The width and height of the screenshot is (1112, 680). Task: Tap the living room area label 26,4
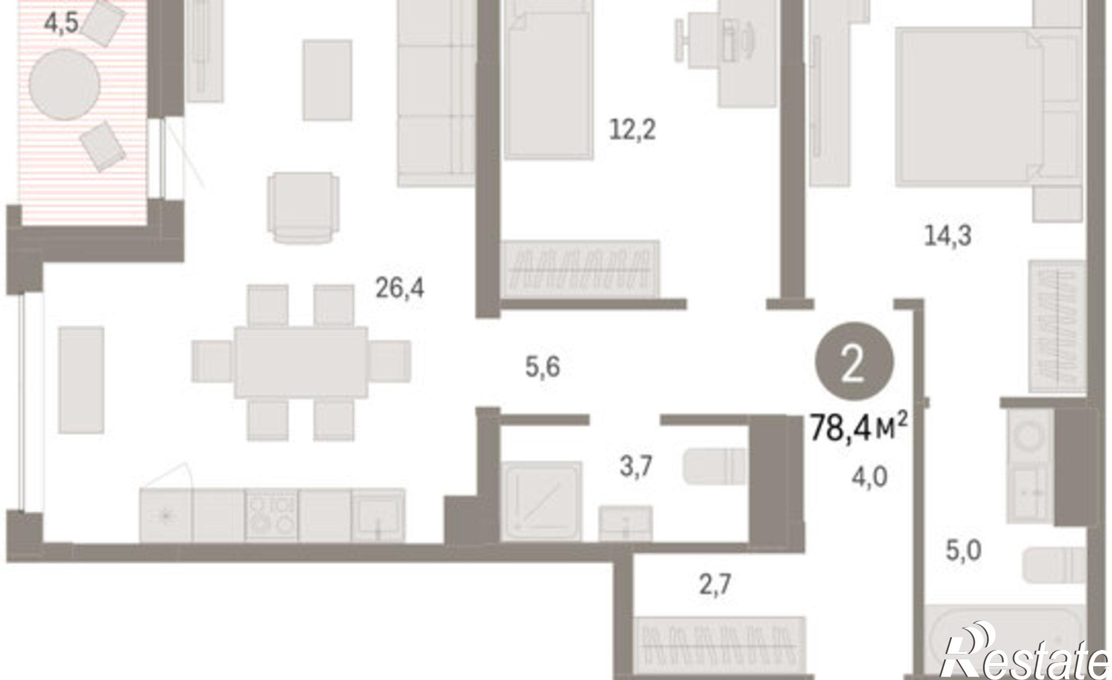click(x=399, y=288)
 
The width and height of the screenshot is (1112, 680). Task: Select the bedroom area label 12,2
click(x=632, y=131)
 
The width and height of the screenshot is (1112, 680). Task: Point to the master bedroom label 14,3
click(x=947, y=236)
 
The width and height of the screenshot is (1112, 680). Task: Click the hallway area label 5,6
click(x=542, y=368)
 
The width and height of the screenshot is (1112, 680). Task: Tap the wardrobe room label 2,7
click(x=714, y=585)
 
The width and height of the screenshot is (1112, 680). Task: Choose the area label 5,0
click(x=964, y=552)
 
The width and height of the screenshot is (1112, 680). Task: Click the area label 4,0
click(x=870, y=477)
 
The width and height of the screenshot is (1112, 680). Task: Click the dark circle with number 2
click(x=854, y=362)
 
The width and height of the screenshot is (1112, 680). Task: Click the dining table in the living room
click(x=301, y=362)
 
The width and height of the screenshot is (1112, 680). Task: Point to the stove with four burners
click(x=271, y=514)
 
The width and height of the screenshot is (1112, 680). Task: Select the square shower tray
click(x=542, y=501)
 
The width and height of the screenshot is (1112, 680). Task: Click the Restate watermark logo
click(x=1026, y=652)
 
